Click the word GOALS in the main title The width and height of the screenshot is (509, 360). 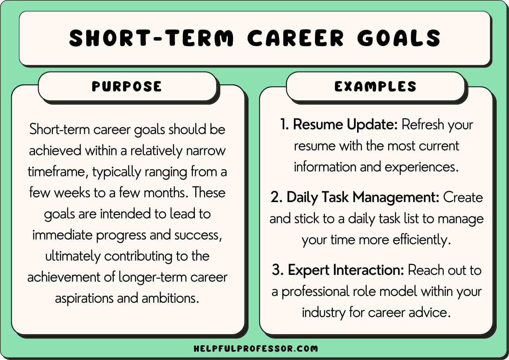[399, 39]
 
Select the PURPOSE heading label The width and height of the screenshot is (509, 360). [127, 86]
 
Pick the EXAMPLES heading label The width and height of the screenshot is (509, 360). [375, 86]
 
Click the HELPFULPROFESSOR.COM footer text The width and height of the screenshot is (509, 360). [256, 349]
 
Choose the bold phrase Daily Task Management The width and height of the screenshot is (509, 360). [363, 197]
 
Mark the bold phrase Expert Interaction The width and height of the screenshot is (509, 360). [346, 270]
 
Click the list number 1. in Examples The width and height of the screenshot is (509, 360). [285, 125]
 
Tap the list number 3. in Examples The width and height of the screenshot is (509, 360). [278, 270]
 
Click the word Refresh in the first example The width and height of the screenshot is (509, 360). [423, 125]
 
